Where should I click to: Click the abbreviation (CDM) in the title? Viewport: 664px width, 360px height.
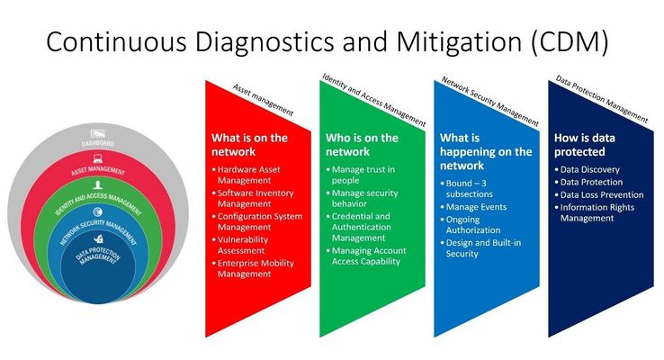(x=570, y=42)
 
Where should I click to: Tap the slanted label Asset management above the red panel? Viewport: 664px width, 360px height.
(x=263, y=100)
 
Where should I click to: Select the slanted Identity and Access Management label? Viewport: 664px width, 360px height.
(x=374, y=100)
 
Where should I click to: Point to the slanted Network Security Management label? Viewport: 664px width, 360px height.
(x=490, y=101)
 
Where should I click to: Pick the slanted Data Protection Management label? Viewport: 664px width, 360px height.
(x=602, y=99)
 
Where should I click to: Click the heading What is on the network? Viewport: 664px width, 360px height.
(x=249, y=145)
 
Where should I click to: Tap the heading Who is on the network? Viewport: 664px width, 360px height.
(x=362, y=145)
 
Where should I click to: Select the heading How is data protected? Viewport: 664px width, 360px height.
(x=585, y=145)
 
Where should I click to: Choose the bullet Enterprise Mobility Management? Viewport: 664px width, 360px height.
(x=253, y=268)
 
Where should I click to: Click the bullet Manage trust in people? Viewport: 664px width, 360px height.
(x=361, y=175)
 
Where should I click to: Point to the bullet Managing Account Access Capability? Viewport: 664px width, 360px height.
(x=366, y=256)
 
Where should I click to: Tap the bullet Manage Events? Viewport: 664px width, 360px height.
(x=473, y=207)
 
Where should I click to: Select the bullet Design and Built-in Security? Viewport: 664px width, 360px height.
(x=480, y=248)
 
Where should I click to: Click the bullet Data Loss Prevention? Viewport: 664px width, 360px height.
(x=599, y=194)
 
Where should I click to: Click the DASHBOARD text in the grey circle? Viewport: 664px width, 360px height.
(x=98, y=143)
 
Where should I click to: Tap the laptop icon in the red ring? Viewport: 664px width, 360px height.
(x=98, y=159)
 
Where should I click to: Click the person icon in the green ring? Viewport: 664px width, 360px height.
(x=98, y=185)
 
